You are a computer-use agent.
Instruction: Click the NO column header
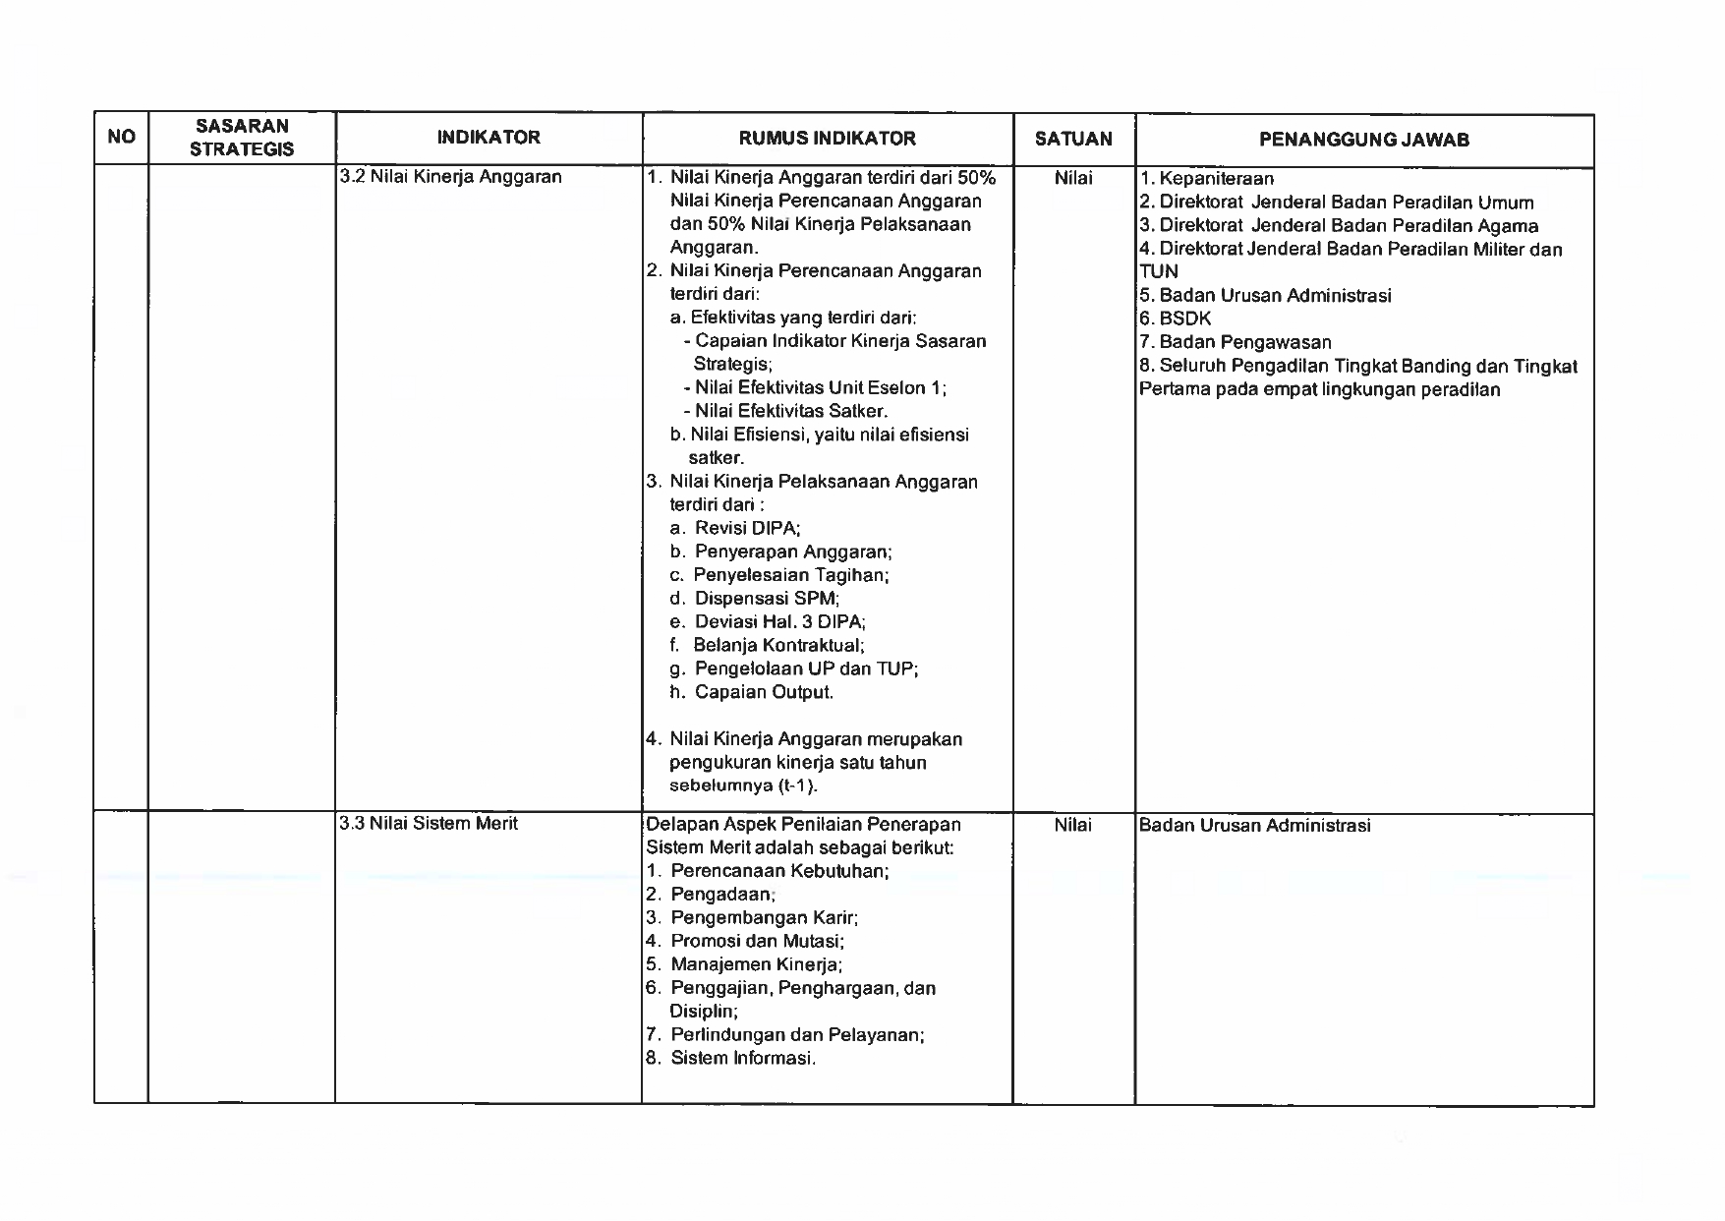click(x=121, y=138)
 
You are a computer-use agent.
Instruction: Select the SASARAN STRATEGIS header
click(x=242, y=138)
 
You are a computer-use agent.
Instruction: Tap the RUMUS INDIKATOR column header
click(x=827, y=139)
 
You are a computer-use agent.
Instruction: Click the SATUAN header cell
click(x=1073, y=139)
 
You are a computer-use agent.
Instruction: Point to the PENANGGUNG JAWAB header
click(x=1363, y=140)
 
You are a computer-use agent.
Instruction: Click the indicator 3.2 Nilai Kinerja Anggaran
click(x=451, y=177)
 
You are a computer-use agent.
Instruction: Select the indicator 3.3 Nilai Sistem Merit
click(x=429, y=824)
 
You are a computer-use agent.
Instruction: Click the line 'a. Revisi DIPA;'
click(x=735, y=528)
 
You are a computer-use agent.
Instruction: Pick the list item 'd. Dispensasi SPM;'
click(x=754, y=599)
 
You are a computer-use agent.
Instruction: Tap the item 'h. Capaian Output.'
click(x=751, y=692)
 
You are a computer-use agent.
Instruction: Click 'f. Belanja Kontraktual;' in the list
click(x=767, y=646)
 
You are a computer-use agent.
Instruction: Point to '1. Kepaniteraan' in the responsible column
click(x=1207, y=179)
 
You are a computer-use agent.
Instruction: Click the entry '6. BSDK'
click(x=1176, y=319)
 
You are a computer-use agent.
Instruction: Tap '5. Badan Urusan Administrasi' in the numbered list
click(x=1265, y=296)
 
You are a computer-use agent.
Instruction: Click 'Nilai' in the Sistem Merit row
click(x=1072, y=825)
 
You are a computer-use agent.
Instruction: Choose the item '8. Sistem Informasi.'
click(x=731, y=1059)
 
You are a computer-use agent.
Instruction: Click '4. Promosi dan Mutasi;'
click(x=745, y=941)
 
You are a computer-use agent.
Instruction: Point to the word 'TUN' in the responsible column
click(x=1159, y=272)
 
